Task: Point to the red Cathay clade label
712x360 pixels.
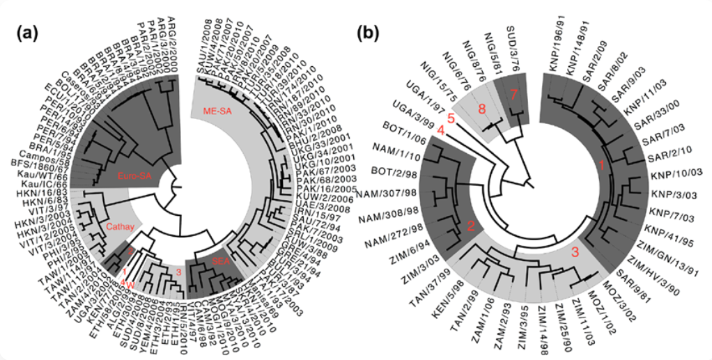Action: pyautogui.click(x=120, y=227)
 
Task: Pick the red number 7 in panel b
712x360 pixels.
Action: pyautogui.click(x=514, y=94)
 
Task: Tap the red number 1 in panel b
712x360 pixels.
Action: pyautogui.click(x=601, y=165)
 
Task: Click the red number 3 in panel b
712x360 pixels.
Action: pyautogui.click(x=575, y=252)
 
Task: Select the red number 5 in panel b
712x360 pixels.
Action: pyautogui.click(x=451, y=118)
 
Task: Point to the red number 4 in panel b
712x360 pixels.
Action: pyautogui.click(x=440, y=130)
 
